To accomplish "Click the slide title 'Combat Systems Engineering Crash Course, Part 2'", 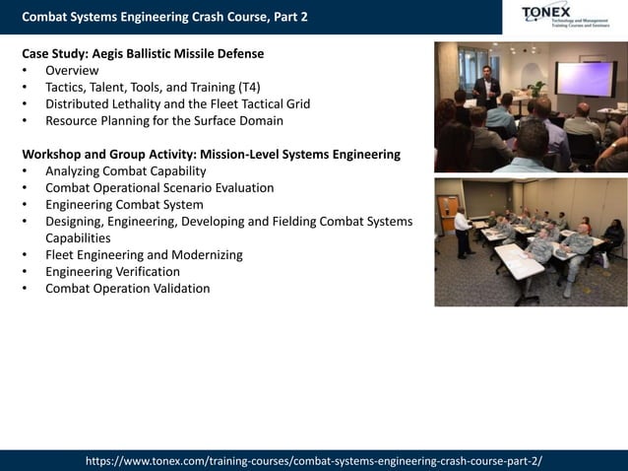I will point(163,17).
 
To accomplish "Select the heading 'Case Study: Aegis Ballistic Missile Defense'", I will point(143,53).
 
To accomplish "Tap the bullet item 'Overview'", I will point(72,70).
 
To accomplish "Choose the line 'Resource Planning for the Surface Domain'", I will point(164,120).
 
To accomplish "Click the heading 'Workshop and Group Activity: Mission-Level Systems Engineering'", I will point(211,154).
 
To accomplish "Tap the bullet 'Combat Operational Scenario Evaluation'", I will point(159,187).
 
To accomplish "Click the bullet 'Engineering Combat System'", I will point(124,204).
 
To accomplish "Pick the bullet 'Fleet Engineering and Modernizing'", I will point(144,254).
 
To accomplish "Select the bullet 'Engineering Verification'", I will point(112,271).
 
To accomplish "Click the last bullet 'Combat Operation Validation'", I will point(127,288).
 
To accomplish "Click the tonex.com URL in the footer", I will point(314,460).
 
